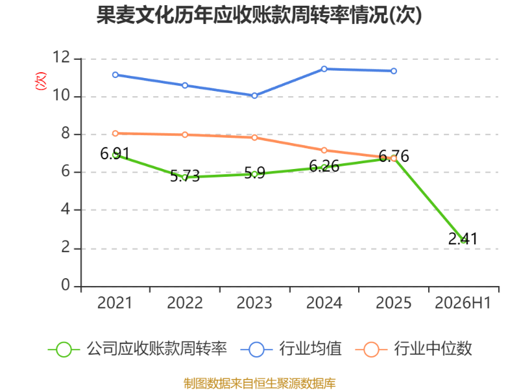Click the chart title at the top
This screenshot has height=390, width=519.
[x=259, y=15]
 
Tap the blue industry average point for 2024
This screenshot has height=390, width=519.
[x=324, y=69]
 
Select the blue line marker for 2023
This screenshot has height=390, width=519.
[x=254, y=96]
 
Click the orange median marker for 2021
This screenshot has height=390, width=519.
[x=115, y=133]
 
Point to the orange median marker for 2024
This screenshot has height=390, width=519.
[x=324, y=151]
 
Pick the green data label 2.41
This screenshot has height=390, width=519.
[x=463, y=239]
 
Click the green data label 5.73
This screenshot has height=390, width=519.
[x=185, y=175]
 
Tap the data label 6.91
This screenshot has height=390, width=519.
[x=115, y=153]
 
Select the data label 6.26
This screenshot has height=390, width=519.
[x=324, y=166]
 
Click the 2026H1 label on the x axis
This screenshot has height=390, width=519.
[x=463, y=303]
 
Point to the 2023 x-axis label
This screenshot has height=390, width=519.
[x=254, y=303]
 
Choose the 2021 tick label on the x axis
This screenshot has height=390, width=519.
[x=115, y=303]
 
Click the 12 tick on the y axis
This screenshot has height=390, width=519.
[x=61, y=57]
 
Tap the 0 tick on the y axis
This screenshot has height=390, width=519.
[x=66, y=285]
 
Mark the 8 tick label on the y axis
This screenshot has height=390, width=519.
[x=66, y=133]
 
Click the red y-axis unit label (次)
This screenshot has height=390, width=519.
[x=41, y=81]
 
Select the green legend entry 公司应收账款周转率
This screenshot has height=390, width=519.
[x=138, y=349]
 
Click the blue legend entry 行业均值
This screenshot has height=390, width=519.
[x=291, y=349]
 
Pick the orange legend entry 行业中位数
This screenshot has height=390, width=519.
[x=413, y=349]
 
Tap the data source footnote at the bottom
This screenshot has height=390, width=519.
[x=259, y=383]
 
